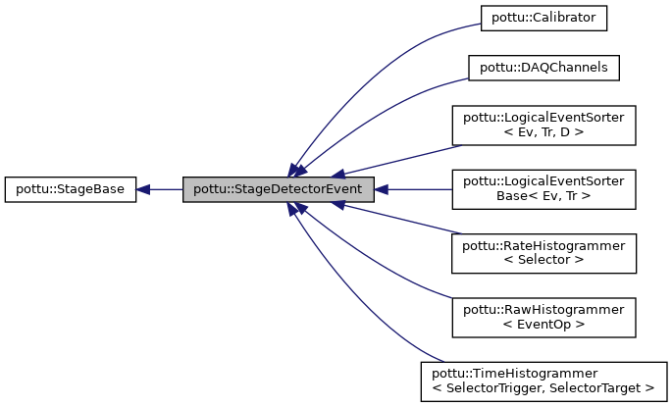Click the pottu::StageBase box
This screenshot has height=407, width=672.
[x=70, y=189]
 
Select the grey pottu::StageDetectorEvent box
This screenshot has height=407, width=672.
[x=278, y=189]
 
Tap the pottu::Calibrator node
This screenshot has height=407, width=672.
[x=544, y=17]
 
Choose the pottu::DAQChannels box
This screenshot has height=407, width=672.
[x=544, y=68]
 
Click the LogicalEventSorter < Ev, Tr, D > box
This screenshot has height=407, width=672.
[x=544, y=126]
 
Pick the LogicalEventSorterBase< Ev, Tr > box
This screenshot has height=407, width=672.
[x=544, y=189]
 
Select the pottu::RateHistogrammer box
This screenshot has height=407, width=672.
[x=544, y=253]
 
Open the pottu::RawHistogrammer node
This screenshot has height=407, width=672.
[x=544, y=317]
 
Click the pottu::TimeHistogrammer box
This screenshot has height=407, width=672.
[x=544, y=381]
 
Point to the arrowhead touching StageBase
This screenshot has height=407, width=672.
[x=143, y=189]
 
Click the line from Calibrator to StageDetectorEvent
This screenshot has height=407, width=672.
[x=373, y=59]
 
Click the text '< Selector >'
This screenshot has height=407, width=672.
[x=543, y=261]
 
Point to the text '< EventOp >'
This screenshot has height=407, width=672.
[x=543, y=325]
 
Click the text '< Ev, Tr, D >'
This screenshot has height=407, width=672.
[x=543, y=133]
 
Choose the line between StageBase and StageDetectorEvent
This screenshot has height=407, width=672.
[x=165, y=189]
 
